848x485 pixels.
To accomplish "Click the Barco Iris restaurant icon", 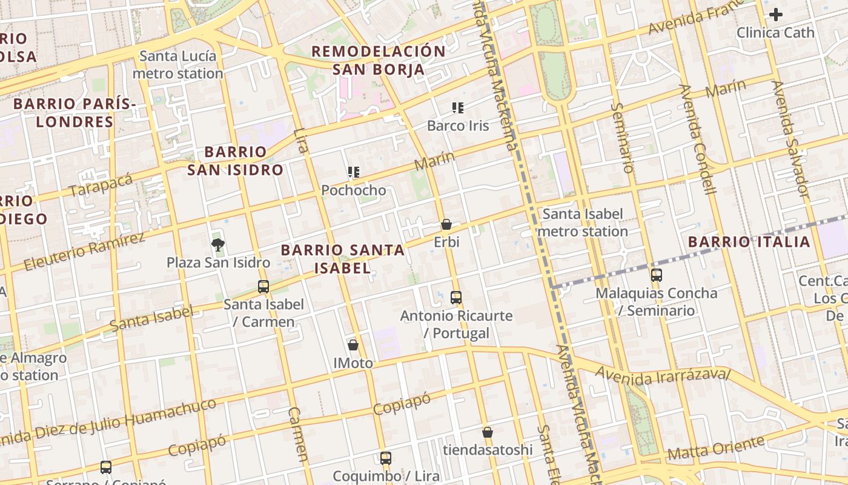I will tap(458, 109).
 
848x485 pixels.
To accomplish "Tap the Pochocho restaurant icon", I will tap(354, 173).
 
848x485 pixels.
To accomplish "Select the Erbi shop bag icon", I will tap(446, 225).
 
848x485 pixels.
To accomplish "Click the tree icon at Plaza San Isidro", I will tap(217, 245).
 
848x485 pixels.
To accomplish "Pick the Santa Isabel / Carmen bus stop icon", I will tap(263, 287).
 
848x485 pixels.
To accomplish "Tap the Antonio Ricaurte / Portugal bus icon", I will tap(456, 298).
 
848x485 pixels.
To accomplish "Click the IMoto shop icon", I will tap(353, 346).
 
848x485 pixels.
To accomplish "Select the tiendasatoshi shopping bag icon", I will tap(488, 432).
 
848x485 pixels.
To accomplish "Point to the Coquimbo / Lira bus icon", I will tap(386, 458).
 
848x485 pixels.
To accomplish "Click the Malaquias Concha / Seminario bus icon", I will tap(657, 275).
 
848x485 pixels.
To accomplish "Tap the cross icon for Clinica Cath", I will tap(775, 15).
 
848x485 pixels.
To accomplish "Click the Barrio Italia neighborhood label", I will tap(749, 242).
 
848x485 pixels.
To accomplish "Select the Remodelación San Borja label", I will tap(379, 60).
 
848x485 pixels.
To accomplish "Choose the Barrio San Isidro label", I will tap(235, 161).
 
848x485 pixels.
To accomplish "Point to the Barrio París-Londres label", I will tap(75, 113).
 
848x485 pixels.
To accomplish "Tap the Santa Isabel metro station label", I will tap(582, 222).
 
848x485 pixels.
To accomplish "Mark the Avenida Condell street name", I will tap(697, 139).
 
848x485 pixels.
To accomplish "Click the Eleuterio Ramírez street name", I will tap(85, 250).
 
